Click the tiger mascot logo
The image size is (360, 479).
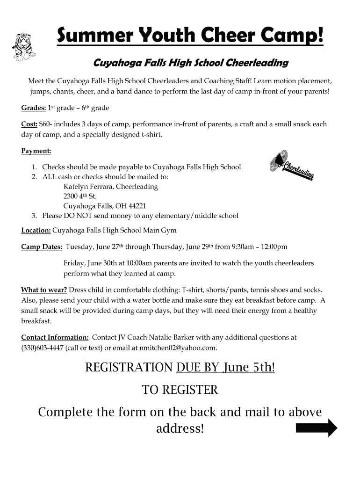pyautogui.click(x=23, y=47)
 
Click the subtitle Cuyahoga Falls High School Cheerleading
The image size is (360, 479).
pyautogui.click(x=191, y=63)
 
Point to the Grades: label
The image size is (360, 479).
pyautogui.click(x=34, y=108)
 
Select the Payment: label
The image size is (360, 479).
pyautogui.click(x=36, y=151)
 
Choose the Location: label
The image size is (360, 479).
pyautogui.click(x=36, y=231)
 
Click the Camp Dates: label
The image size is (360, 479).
pyautogui.click(x=42, y=247)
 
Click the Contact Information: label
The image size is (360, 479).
pyautogui.click(x=55, y=337)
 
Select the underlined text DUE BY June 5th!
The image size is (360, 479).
pyautogui.click(x=225, y=368)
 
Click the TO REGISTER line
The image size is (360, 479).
pyautogui.click(x=180, y=390)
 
